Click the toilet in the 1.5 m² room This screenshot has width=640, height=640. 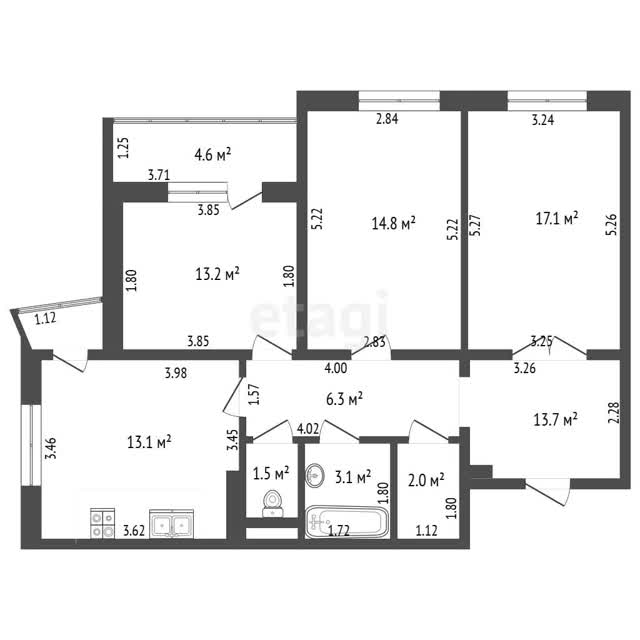tap(272, 504)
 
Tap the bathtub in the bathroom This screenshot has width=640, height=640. tap(347, 522)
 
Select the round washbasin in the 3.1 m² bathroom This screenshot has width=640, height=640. tap(315, 475)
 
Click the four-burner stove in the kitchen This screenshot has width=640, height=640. tap(102, 523)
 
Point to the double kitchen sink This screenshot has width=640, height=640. tap(172, 524)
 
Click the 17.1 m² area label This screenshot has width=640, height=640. tap(557, 218)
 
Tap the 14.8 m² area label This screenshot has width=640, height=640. tap(393, 223)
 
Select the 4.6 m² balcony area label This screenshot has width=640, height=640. tap(213, 155)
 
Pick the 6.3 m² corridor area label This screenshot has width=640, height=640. tap(344, 399)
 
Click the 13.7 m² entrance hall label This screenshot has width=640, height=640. tap(556, 419)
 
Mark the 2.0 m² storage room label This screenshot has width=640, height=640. tap(426, 480)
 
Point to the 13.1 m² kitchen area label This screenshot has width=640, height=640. tap(149, 442)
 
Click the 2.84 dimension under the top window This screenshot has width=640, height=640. tap(387, 119)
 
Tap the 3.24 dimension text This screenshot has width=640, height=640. tap(542, 120)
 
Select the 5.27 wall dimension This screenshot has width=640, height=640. tap(476, 225)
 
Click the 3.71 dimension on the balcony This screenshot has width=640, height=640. tap(159, 176)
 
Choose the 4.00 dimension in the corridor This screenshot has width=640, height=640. tap(336, 368)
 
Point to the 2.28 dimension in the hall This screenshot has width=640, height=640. tap(615, 413)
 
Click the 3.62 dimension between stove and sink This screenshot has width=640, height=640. tap(134, 531)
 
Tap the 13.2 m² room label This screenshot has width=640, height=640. tap(218, 274)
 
